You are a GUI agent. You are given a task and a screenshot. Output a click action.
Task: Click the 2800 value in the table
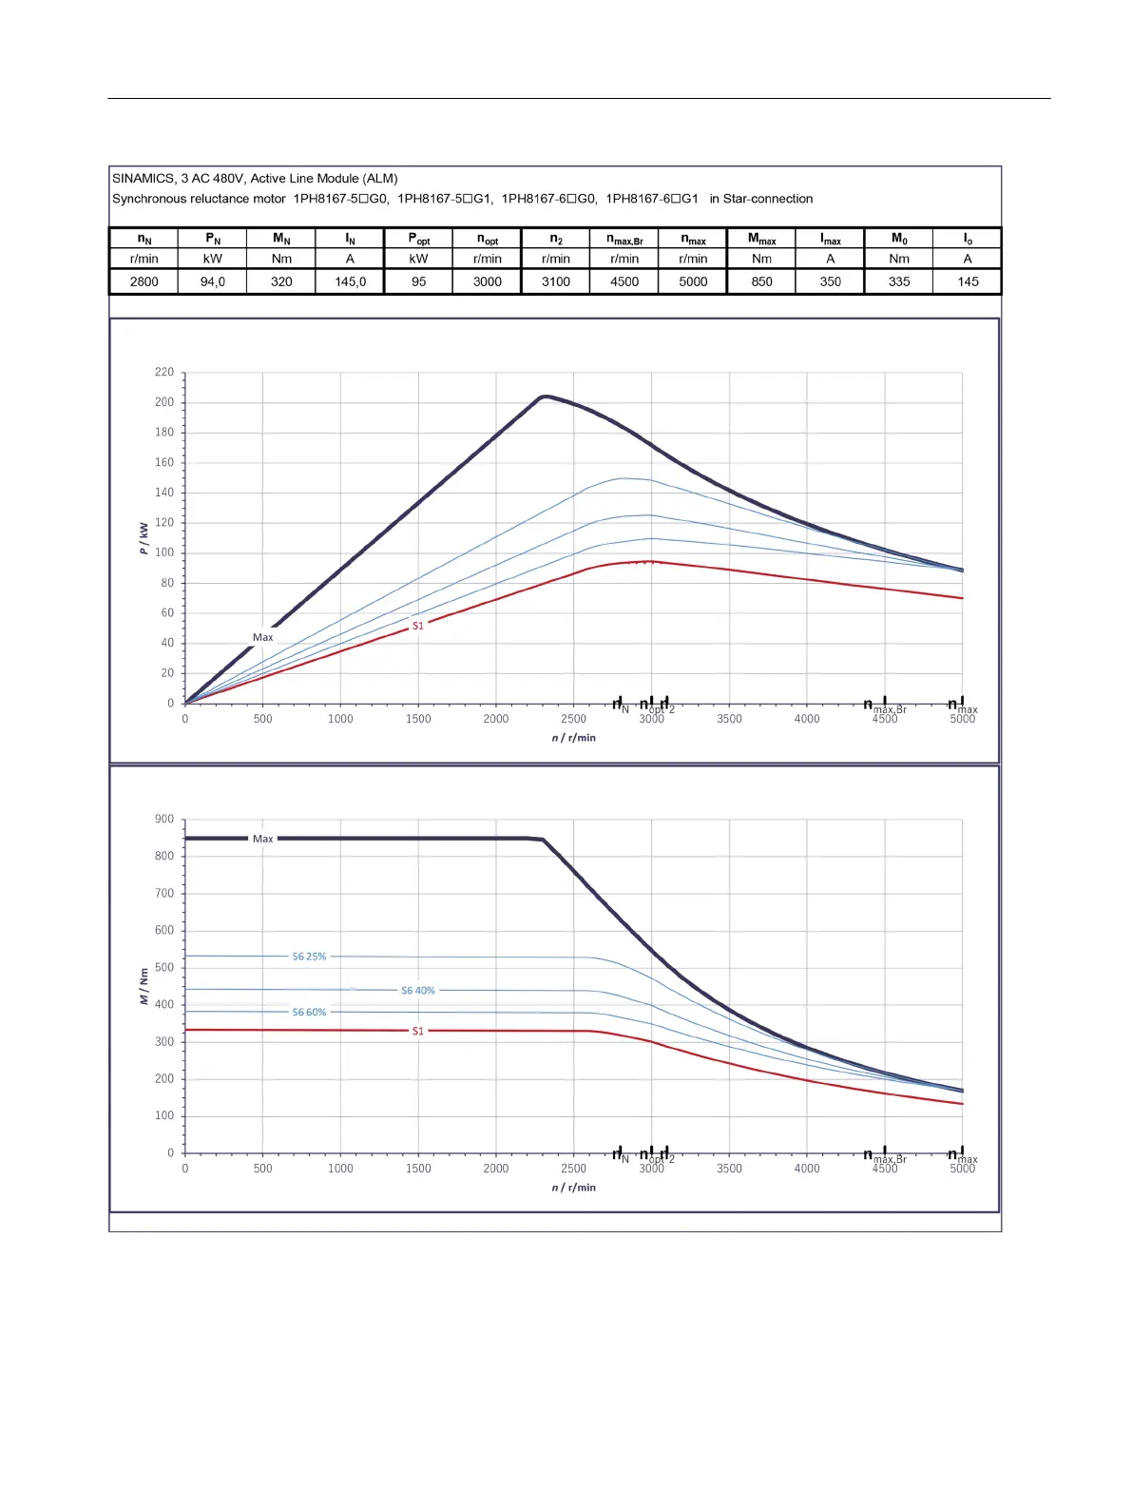tap(144, 281)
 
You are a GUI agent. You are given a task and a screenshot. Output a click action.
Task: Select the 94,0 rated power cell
tap(213, 281)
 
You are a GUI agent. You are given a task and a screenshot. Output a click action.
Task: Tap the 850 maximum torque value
tap(761, 281)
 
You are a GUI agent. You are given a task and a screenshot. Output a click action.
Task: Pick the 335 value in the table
tap(899, 281)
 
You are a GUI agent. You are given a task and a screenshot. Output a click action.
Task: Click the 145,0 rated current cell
tap(350, 281)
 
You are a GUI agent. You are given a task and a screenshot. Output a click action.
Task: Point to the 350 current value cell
tap(831, 281)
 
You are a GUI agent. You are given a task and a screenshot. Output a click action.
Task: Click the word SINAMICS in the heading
tap(143, 179)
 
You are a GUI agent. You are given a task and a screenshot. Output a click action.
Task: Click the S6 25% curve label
tap(309, 957)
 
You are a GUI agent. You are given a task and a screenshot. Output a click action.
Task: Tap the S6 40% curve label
tap(417, 991)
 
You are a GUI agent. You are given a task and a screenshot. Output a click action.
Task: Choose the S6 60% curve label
tap(309, 1013)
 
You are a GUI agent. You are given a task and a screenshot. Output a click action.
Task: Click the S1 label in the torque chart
tap(417, 1031)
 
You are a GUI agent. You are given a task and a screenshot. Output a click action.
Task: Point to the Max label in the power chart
tap(262, 638)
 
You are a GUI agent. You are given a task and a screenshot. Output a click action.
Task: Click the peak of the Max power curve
tap(543, 397)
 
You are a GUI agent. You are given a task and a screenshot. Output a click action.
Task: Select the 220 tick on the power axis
tap(164, 373)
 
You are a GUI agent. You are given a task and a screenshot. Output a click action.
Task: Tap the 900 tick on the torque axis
tap(164, 820)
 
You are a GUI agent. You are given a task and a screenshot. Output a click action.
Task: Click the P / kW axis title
tap(144, 537)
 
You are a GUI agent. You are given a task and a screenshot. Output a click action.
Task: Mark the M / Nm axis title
tap(144, 986)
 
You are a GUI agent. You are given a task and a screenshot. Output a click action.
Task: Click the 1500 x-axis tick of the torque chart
tap(418, 1169)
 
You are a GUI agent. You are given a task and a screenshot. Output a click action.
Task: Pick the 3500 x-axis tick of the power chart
tap(729, 719)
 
